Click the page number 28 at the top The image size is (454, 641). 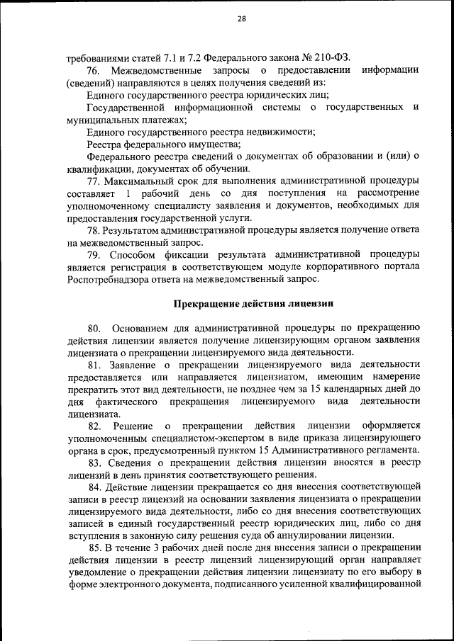241,19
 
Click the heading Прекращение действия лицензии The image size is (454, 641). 254,304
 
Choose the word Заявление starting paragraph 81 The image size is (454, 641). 132,364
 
